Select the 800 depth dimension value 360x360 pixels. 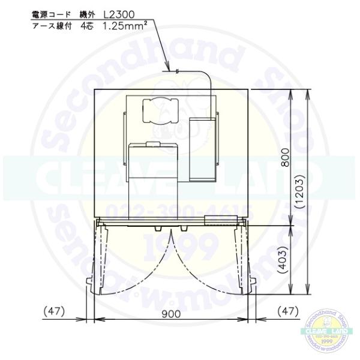coord(286,157)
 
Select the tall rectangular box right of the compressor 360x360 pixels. coord(202,148)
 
